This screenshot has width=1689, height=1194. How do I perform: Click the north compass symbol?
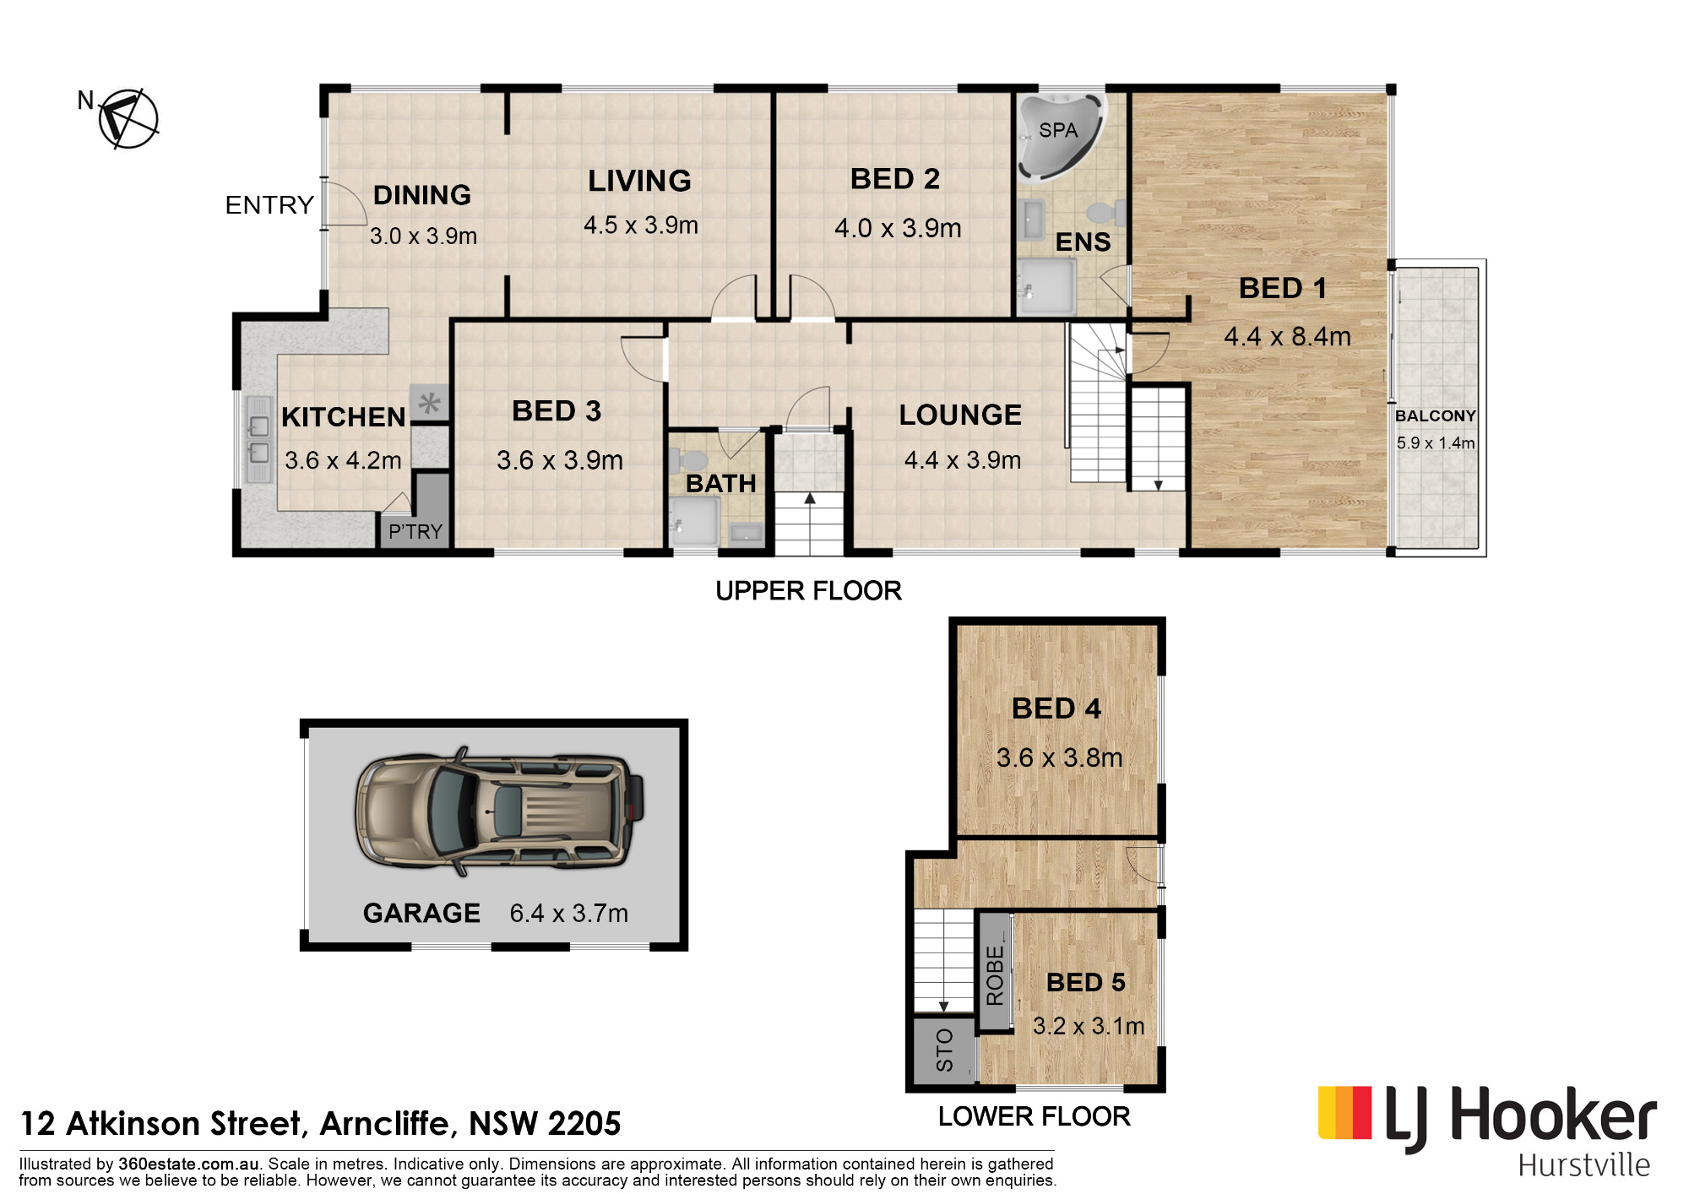[128, 118]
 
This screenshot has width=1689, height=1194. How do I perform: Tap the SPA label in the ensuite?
[1058, 130]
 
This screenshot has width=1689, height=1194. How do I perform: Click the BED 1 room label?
[1282, 288]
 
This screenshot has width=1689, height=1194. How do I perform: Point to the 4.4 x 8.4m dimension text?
[1287, 336]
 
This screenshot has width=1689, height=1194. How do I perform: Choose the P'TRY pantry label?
[415, 531]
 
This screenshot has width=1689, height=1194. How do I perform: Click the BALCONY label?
[1435, 415]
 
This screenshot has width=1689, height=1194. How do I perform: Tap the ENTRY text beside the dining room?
[269, 205]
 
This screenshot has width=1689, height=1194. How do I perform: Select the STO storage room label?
[944, 1050]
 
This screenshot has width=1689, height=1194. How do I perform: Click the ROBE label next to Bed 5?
[995, 975]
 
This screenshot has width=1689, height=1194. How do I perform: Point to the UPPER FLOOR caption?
[808, 590]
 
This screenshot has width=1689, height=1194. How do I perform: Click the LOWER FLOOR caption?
[1034, 1116]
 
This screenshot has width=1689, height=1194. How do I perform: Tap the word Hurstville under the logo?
[1583, 1165]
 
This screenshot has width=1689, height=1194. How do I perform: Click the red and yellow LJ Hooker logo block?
[1344, 1112]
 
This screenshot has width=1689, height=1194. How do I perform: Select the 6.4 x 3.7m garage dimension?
[569, 913]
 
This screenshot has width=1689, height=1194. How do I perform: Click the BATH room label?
[720, 484]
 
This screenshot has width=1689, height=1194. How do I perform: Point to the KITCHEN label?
[344, 417]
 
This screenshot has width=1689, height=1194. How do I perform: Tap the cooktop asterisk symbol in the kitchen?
[429, 403]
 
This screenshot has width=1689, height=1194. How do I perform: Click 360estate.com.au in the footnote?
[188, 1164]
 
